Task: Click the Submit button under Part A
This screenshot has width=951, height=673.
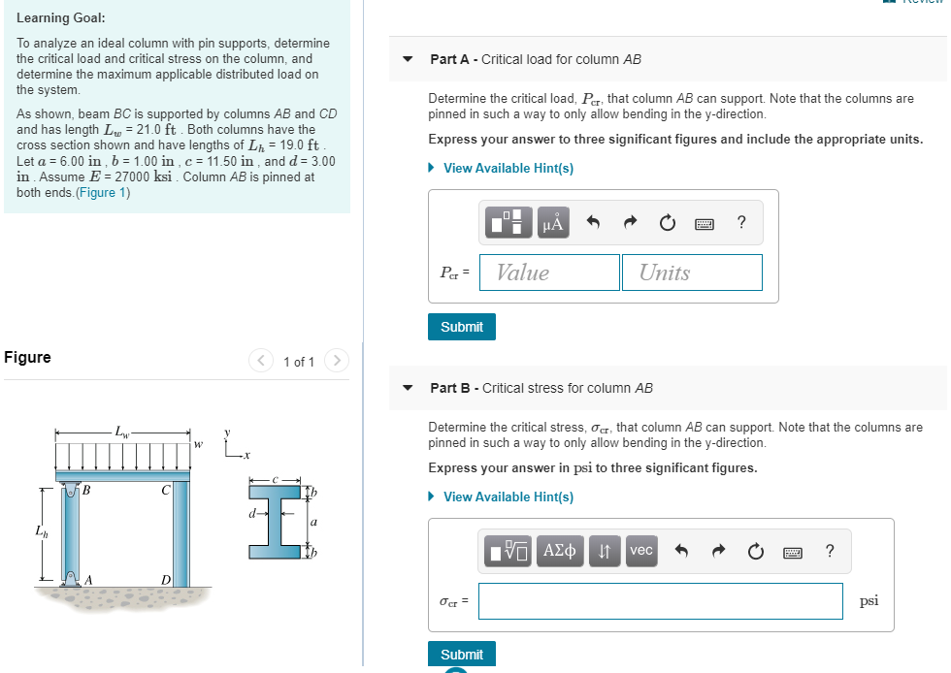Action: point(462,327)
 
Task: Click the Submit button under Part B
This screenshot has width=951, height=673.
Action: point(462,655)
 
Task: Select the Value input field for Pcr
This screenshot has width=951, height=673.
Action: point(549,272)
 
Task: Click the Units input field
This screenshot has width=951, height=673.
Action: point(692,272)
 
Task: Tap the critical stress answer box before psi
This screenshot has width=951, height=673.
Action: point(660,601)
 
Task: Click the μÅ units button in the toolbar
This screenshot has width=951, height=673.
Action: point(553,223)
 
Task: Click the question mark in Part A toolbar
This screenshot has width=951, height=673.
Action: point(741,223)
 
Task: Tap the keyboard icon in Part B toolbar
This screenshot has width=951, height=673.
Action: point(793,552)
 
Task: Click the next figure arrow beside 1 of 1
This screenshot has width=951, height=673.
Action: point(336,361)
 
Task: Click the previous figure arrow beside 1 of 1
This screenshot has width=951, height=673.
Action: point(261,361)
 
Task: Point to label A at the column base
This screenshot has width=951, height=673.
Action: point(88,579)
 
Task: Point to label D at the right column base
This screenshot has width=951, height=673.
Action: point(166,579)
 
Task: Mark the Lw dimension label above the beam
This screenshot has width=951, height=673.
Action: point(120,431)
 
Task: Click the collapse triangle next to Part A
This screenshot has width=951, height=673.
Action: point(409,60)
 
